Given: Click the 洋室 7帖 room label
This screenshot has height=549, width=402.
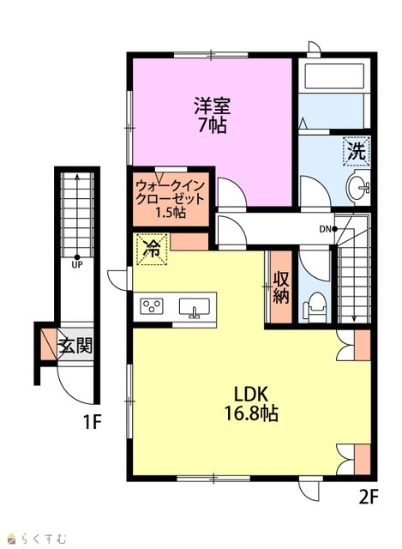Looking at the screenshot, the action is [213, 115].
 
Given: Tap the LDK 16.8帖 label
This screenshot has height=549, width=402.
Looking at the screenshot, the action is [251, 404].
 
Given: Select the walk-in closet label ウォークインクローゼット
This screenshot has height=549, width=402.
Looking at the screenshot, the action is [170, 192].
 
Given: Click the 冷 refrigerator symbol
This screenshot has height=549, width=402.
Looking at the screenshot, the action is [152, 249].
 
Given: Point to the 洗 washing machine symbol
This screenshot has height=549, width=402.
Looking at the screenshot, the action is [357, 151].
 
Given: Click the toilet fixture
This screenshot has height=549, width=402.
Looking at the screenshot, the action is [315, 307].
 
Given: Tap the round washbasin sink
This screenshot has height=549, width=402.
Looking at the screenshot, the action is [357, 188].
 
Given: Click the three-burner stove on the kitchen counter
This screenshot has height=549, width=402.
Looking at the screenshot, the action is [152, 306].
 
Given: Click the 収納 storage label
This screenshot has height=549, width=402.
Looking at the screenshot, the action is [281, 287].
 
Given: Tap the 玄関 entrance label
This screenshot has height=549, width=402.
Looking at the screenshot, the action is [75, 346].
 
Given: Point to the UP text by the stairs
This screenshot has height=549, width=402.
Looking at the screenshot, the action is [77, 265].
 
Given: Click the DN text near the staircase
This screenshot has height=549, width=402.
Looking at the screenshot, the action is [325, 229].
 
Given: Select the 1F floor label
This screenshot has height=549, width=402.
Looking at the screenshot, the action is [92, 421].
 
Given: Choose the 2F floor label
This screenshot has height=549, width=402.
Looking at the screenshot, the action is [369, 496].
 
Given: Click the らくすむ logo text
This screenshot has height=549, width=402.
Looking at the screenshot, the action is [44, 538].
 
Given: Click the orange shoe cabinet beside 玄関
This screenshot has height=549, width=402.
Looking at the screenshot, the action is [48, 345].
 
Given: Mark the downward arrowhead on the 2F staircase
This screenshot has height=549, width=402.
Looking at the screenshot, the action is [354, 318].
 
